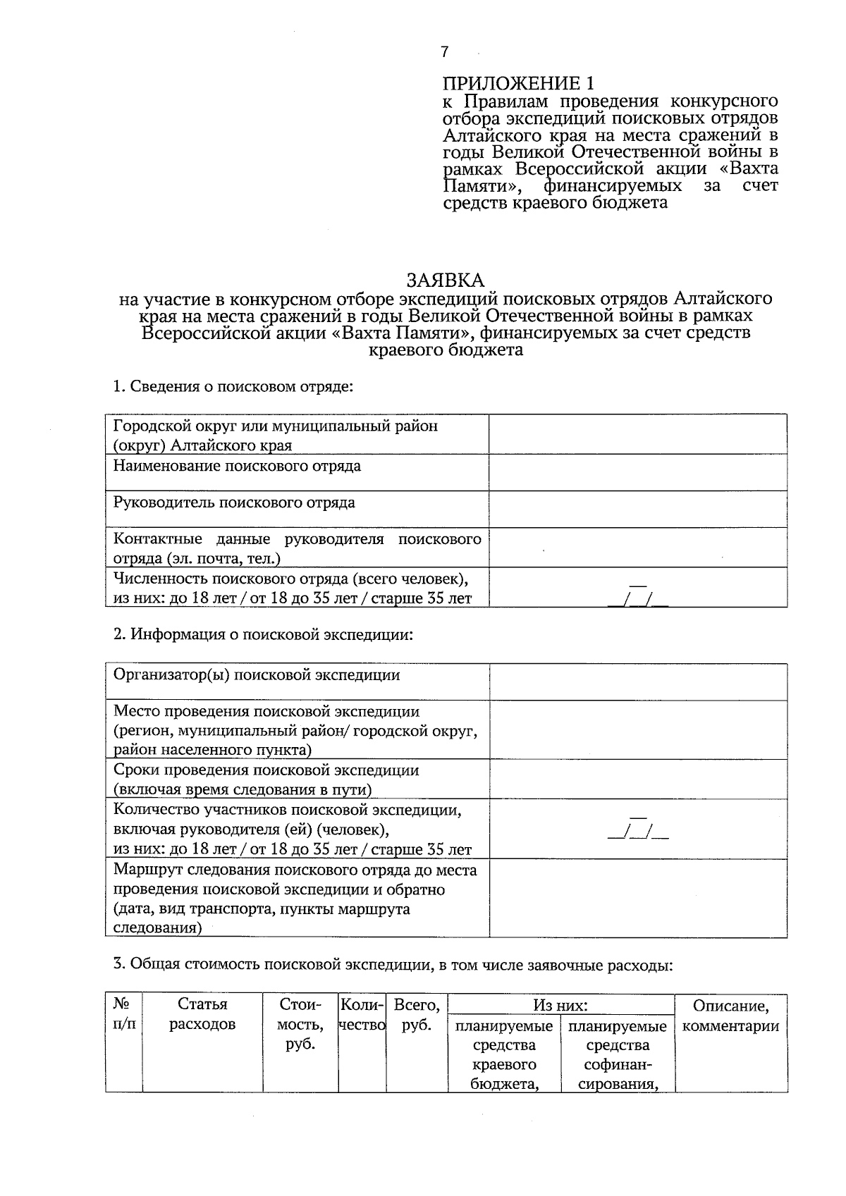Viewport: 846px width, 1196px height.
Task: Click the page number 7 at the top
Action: point(444,52)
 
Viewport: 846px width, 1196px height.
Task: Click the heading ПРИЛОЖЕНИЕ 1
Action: point(519,83)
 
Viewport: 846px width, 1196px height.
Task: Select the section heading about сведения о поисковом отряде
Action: point(233,386)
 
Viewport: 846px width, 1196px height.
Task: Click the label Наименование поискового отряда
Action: point(237,466)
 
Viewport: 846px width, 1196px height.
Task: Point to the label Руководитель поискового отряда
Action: point(234,503)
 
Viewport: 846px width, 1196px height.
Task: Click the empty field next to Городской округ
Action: point(638,433)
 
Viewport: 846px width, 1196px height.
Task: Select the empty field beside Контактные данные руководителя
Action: point(638,548)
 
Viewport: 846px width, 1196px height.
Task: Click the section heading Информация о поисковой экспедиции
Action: point(263,634)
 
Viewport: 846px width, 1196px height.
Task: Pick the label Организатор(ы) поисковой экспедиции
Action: point(257,675)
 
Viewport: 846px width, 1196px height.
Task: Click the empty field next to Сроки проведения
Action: point(638,779)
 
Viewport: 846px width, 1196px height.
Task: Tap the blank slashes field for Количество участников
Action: point(638,829)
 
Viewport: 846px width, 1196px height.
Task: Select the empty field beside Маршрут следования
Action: point(638,898)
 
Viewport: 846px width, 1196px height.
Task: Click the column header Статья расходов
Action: point(202,1014)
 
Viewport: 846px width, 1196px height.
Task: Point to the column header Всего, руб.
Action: point(417,1014)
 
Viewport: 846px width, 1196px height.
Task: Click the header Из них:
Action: point(560,1004)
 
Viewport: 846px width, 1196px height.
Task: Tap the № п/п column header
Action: point(124,1013)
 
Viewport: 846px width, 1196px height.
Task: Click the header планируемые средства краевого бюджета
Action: point(504,1054)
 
